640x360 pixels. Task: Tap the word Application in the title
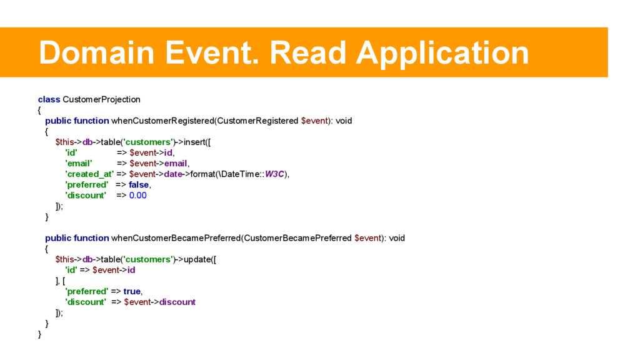click(442, 52)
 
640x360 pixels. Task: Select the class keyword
click(49, 99)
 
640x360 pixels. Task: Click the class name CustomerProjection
click(101, 99)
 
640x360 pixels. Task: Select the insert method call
click(197, 142)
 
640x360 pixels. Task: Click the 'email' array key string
click(79, 163)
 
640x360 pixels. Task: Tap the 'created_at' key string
click(89, 174)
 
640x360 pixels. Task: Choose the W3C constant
click(274, 174)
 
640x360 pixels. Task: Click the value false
click(139, 184)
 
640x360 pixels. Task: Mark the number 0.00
click(137, 195)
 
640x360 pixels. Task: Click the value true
click(132, 291)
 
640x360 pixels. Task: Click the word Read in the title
click(307, 52)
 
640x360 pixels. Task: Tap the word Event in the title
click(213, 52)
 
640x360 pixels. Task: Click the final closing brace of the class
click(40, 334)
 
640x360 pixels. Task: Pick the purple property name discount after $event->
click(177, 302)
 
